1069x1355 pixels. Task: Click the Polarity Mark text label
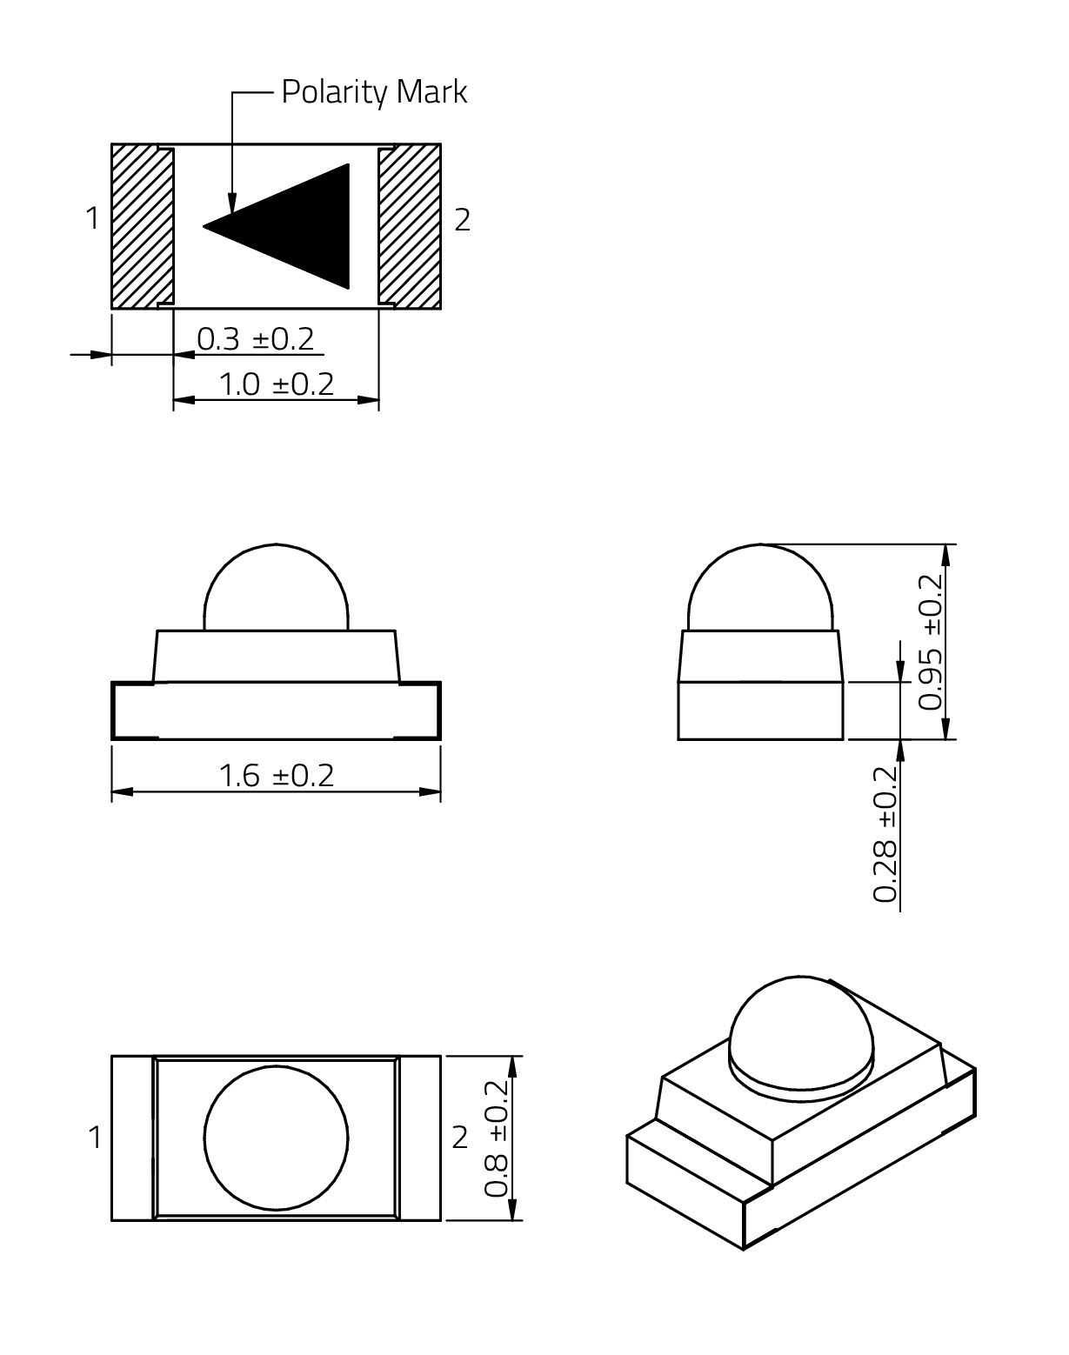tap(374, 92)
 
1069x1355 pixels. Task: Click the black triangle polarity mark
tap(296, 226)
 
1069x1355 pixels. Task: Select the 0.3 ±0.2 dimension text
tap(256, 338)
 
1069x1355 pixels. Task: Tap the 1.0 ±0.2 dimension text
tap(276, 384)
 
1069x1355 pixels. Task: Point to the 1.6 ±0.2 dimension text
tap(276, 775)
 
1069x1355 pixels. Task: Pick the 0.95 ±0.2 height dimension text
tap(931, 642)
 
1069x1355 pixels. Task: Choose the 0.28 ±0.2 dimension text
tap(885, 834)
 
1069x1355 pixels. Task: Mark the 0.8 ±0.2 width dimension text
tap(497, 1138)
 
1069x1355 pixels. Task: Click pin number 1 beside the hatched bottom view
tap(93, 218)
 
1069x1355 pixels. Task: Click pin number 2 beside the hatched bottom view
tap(463, 220)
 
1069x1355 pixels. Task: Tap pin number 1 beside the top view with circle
tap(95, 1138)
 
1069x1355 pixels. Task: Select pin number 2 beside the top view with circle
tap(460, 1138)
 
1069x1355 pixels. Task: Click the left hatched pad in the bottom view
tap(142, 226)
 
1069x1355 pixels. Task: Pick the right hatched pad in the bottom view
tap(410, 226)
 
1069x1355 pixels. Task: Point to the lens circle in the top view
tap(277, 1138)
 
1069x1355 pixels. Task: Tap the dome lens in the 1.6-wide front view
tap(277, 587)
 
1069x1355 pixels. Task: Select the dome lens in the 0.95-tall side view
tap(761, 587)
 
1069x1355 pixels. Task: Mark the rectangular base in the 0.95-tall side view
tap(760, 711)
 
